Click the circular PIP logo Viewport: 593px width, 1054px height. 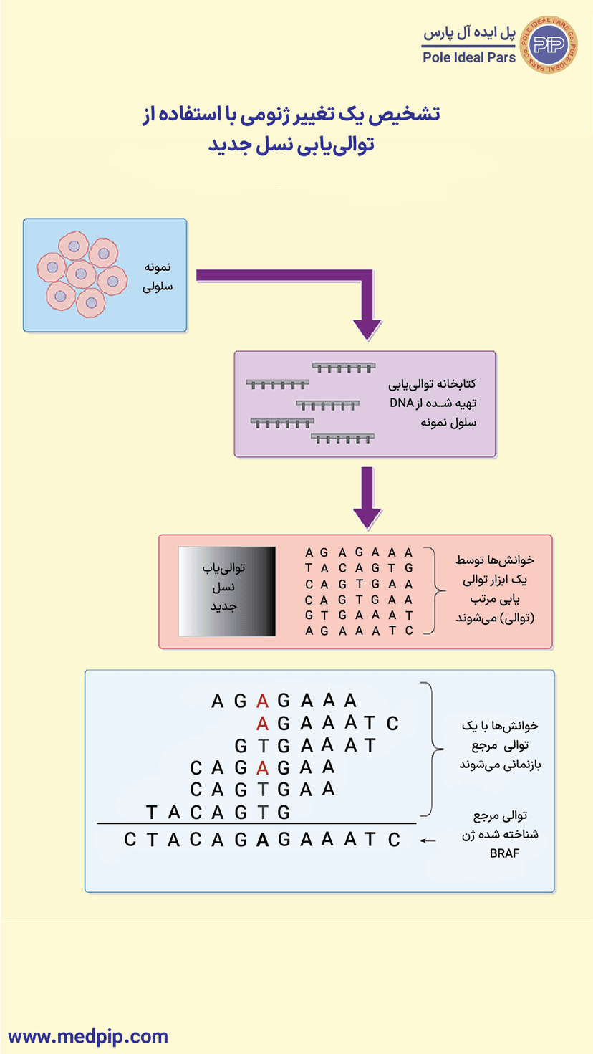(x=551, y=44)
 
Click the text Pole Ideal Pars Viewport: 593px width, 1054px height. (x=469, y=57)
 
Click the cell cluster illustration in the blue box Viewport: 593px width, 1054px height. (x=78, y=274)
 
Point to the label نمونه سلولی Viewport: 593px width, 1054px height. (x=158, y=276)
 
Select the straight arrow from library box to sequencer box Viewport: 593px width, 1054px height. (x=367, y=498)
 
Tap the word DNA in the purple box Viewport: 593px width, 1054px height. (x=399, y=403)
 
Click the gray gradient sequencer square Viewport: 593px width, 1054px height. (x=226, y=591)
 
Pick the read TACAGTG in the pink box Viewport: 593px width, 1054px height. (x=358, y=568)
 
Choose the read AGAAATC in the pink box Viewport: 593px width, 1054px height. (x=358, y=631)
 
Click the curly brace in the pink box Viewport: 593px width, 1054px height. (x=430, y=591)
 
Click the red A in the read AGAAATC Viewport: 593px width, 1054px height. (x=263, y=723)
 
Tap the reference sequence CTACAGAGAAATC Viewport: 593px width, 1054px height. (x=262, y=839)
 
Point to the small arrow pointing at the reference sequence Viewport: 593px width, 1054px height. (x=428, y=840)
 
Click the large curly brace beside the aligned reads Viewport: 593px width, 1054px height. (x=428, y=749)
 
